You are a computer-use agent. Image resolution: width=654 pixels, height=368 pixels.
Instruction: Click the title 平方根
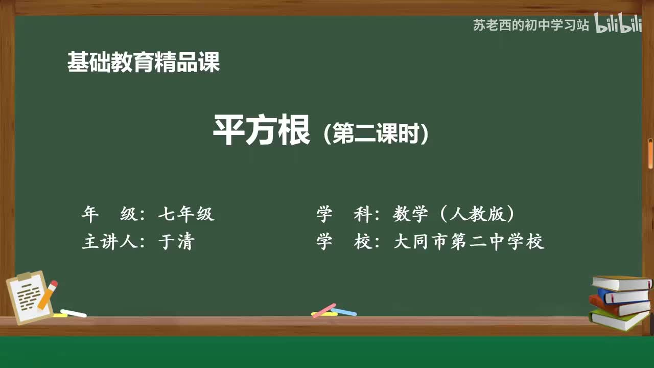click(x=261, y=131)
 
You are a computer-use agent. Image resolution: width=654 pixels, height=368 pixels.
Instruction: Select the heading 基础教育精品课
click(x=144, y=63)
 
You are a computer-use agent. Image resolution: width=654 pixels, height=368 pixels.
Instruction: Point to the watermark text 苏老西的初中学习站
click(x=531, y=26)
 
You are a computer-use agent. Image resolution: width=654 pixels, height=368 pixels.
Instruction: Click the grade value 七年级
click(x=186, y=214)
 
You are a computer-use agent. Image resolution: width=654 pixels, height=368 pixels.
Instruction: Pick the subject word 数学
click(x=410, y=214)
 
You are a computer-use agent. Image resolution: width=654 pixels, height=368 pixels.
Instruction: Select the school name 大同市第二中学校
click(x=469, y=241)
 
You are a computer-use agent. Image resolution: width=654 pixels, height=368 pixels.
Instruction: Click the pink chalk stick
click(x=324, y=310)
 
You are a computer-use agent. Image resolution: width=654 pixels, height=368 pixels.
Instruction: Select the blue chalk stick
click(x=344, y=312)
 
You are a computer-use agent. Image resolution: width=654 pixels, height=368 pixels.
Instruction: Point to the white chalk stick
click(x=74, y=313)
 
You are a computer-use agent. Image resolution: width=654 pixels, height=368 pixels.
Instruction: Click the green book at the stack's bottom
click(x=617, y=319)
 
